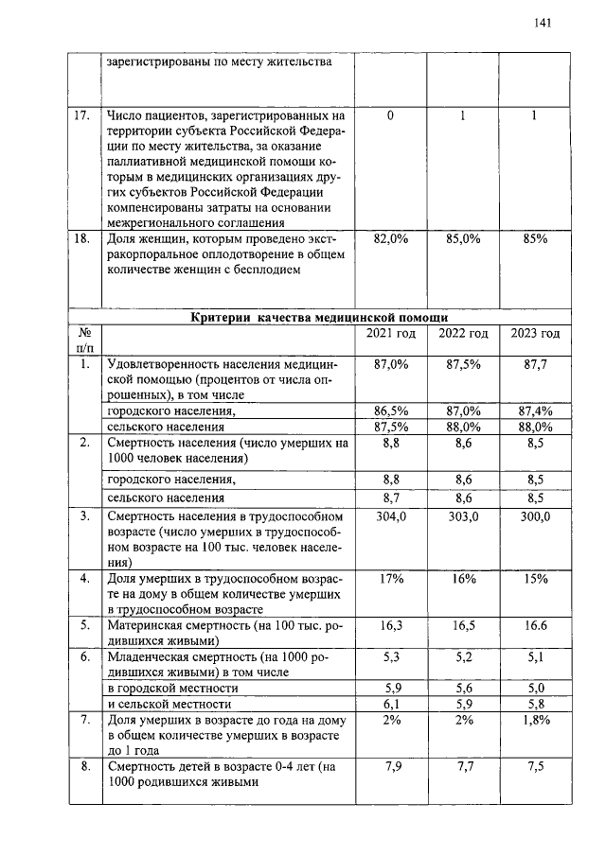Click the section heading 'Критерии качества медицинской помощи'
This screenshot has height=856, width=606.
coord(320,317)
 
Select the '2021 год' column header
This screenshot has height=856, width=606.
coord(391,334)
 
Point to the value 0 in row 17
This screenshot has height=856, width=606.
coord(391,117)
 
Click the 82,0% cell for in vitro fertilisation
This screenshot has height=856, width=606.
coord(391,240)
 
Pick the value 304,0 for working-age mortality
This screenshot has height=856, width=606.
coord(391,517)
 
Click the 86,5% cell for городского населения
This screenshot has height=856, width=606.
coord(391,411)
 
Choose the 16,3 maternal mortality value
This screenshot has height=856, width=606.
coord(391,625)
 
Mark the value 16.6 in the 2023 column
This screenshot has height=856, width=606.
coord(536,625)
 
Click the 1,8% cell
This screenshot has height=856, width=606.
coord(536,720)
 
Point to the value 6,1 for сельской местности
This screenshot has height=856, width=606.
coord(391,704)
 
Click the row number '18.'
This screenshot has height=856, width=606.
coord(84,240)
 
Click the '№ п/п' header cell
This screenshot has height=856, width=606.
coord(84,341)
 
